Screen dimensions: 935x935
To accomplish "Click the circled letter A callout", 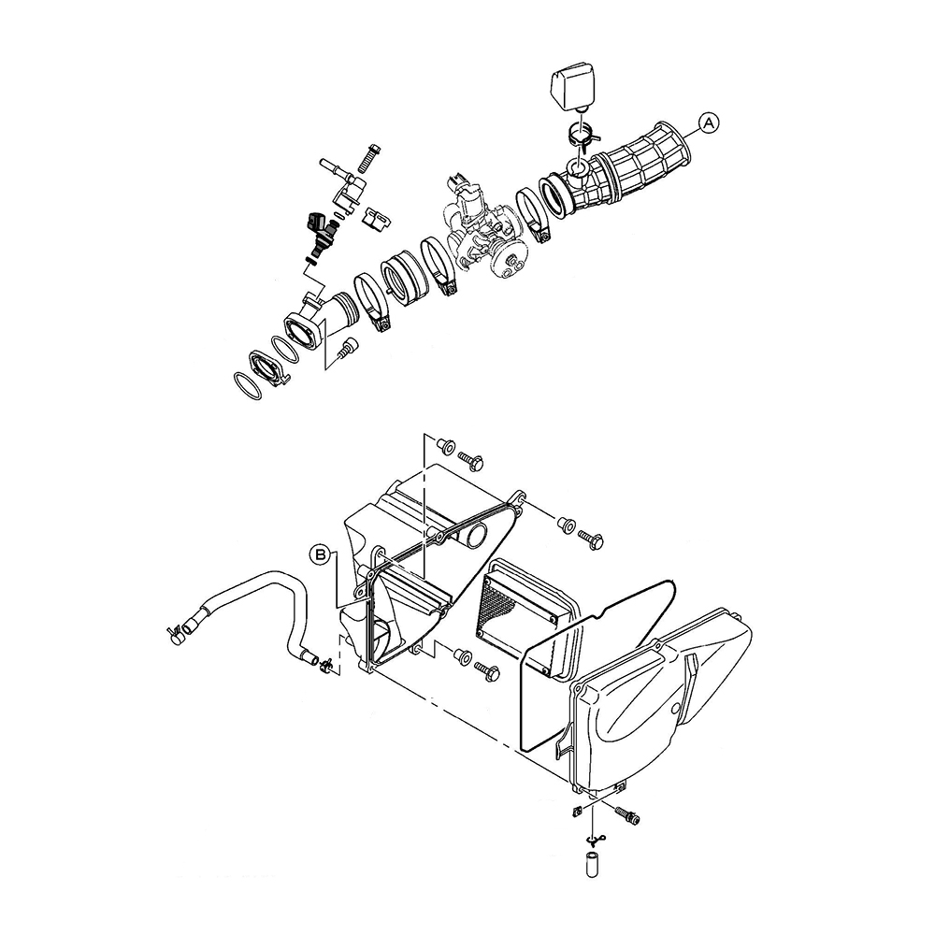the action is pos(709,123).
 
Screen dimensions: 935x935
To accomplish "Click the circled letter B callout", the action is pos(320,555).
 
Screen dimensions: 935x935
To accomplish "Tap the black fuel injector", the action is pos(321,234).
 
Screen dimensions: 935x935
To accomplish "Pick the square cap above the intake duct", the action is pos(573,86).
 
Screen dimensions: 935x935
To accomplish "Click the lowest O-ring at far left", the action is pos(247,386).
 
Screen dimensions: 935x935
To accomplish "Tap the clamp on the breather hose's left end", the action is pos(175,633).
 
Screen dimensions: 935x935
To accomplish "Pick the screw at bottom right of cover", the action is pos(626,815).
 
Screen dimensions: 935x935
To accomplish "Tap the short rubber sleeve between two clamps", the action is pos(404,278).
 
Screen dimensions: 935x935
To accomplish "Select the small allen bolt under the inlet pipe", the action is pos(347,348).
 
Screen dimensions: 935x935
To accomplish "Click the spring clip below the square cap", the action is pos(582,134).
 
